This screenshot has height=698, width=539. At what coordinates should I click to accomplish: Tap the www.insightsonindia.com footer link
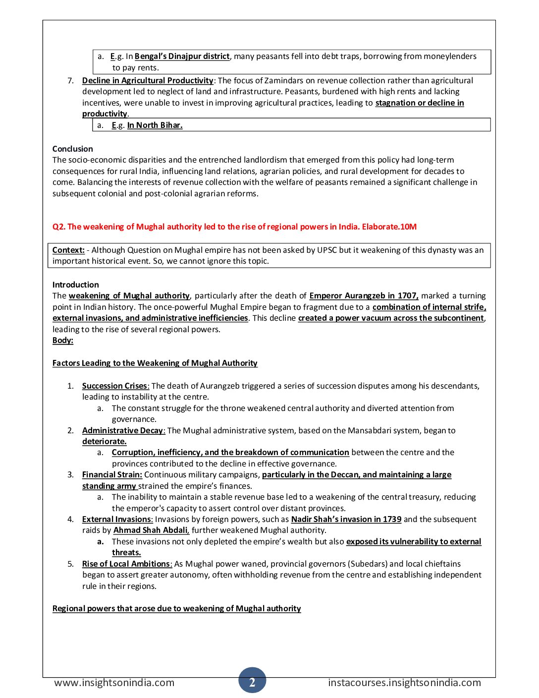(114, 683)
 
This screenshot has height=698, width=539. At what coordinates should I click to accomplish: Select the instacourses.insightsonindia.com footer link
(404, 683)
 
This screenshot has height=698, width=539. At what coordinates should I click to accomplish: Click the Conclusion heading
(72, 149)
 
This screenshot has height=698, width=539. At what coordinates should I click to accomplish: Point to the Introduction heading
(75, 285)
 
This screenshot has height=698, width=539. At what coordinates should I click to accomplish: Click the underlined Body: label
(63, 340)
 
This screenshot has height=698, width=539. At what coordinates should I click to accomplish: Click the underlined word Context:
(68, 250)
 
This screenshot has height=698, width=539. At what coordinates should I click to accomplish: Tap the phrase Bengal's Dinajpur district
(182, 57)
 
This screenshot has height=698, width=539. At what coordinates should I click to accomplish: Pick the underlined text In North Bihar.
(155, 125)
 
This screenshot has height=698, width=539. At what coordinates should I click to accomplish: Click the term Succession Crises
(115, 386)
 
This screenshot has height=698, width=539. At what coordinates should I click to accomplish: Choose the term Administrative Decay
(122, 430)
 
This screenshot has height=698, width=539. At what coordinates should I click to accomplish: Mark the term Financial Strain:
(112, 474)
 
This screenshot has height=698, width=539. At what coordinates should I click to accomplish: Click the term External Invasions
(117, 519)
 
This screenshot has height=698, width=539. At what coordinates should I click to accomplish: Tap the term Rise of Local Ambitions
(127, 564)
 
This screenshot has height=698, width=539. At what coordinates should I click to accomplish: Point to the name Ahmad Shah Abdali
(151, 530)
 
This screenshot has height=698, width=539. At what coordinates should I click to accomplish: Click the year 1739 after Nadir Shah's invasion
(392, 519)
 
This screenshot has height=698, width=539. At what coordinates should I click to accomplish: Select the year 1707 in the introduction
(408, 295)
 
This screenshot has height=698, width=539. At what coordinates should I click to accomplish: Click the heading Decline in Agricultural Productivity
(148, 80)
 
